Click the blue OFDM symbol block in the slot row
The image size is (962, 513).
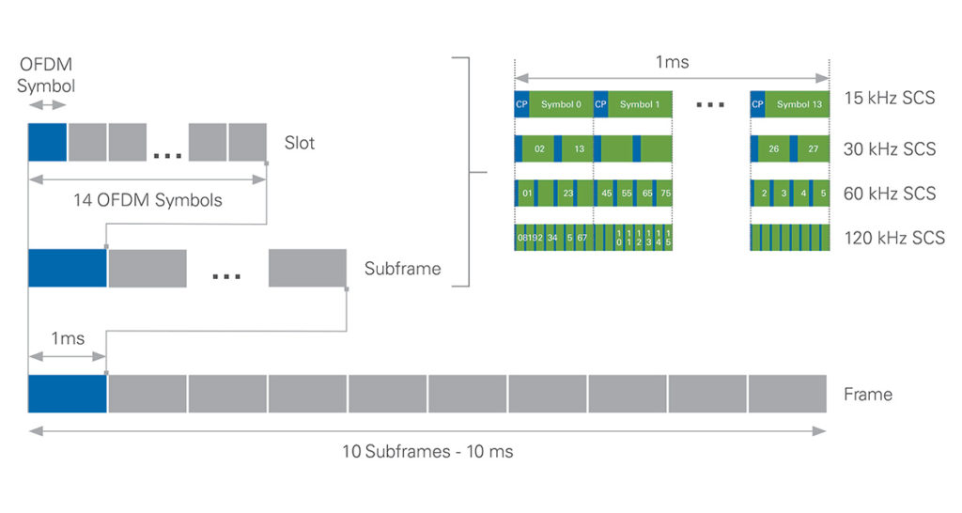pos(47,142)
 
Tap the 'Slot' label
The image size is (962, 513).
pos(300,144)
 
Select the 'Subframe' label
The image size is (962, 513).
pos(402,269)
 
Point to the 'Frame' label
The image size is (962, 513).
pos(868,394)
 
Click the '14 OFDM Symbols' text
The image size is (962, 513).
pos(147,200)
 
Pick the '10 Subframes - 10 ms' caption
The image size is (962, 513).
pos(427,451)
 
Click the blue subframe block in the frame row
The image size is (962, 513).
pos(68,394)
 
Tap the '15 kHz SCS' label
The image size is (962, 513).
pos(890,98)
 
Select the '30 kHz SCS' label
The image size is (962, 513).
pos(890,148)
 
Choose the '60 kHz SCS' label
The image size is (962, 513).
pos(890,194)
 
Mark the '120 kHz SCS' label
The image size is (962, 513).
pos(894,239)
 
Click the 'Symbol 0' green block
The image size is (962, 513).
pos(561,104)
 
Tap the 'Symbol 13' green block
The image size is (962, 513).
pos(798,104)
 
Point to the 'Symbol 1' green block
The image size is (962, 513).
pos(640,104)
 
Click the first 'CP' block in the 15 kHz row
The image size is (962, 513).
pos(521,104)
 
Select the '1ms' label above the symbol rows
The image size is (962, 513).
pos(672,63)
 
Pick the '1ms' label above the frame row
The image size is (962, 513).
pos(67,339)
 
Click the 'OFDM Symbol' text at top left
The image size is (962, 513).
pos(45,75)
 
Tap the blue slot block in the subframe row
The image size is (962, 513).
pos(68,268)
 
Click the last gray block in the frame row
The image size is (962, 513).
pos(787,394)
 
